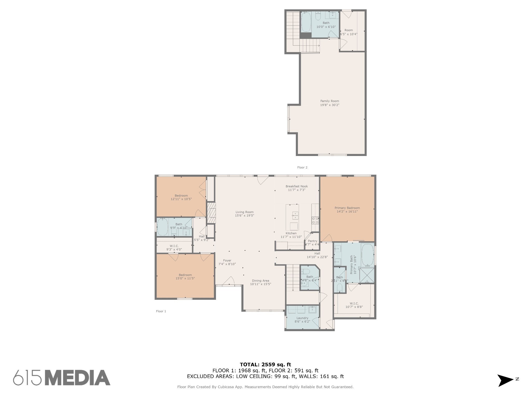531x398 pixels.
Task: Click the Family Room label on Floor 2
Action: [330, 101]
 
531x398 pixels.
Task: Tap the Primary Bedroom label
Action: [347, 208]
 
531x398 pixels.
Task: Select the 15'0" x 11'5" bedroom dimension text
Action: [185, 279]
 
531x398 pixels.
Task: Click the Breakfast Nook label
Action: [297, 186]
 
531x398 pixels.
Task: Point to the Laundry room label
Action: [302, 318]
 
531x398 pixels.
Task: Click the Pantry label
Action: [312, 241]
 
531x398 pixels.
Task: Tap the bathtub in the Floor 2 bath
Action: [306, 22]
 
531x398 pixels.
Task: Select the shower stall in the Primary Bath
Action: [367, 275]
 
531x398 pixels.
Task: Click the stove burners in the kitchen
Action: [315, 220]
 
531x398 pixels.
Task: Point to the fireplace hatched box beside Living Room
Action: [211, 213]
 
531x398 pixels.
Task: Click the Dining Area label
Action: [261, 281]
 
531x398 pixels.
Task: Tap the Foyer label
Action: [227, 260]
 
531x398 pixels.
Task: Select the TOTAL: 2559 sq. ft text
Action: [265, 365]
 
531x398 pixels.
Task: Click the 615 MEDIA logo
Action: [62, 378]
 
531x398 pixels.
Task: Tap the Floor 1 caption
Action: [161, 311]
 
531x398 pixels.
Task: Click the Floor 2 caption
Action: [302, 167]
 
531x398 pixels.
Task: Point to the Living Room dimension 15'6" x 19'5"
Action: [244, 216]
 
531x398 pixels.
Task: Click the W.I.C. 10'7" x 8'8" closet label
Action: [354, 305]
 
